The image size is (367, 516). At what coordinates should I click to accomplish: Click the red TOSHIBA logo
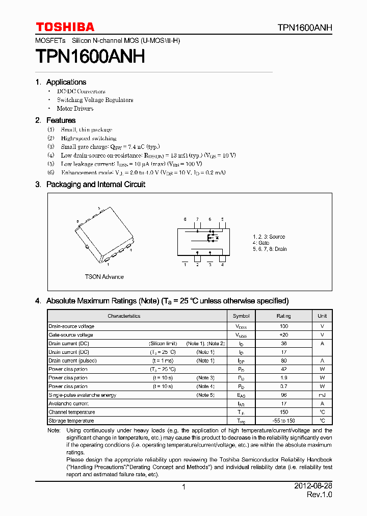coord(65,27)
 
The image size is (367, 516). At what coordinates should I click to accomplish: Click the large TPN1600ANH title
coord(90,56)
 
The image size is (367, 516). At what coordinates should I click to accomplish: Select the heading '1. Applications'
coord(61,82)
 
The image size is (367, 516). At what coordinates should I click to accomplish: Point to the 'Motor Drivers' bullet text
coord(75,109)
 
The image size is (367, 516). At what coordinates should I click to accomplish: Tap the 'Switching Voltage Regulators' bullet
coord(95,100)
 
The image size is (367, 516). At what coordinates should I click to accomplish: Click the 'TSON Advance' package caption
coord(104,277)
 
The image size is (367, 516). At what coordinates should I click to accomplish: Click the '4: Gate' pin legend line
coord(261,243)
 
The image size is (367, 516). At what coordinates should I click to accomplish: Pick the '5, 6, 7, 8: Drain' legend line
coord(270,249)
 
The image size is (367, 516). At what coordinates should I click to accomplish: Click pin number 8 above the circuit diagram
coord(185,219)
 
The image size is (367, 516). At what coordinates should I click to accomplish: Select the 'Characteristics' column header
coord(124,316)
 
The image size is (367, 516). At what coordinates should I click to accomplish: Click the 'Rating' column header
coord(284,316)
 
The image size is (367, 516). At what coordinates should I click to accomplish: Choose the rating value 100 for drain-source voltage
coord(284,326)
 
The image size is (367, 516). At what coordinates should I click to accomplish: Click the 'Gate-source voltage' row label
coord(71,335)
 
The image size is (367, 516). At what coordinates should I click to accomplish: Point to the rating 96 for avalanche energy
coord(284,395)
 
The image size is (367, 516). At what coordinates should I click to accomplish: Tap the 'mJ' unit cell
coord(322,395)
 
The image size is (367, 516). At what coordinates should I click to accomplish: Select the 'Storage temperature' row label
coord(71,421)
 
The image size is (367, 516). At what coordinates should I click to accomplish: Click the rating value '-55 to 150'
coord(284,421)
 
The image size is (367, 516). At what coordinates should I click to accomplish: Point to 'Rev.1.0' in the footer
coord(319,495)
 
